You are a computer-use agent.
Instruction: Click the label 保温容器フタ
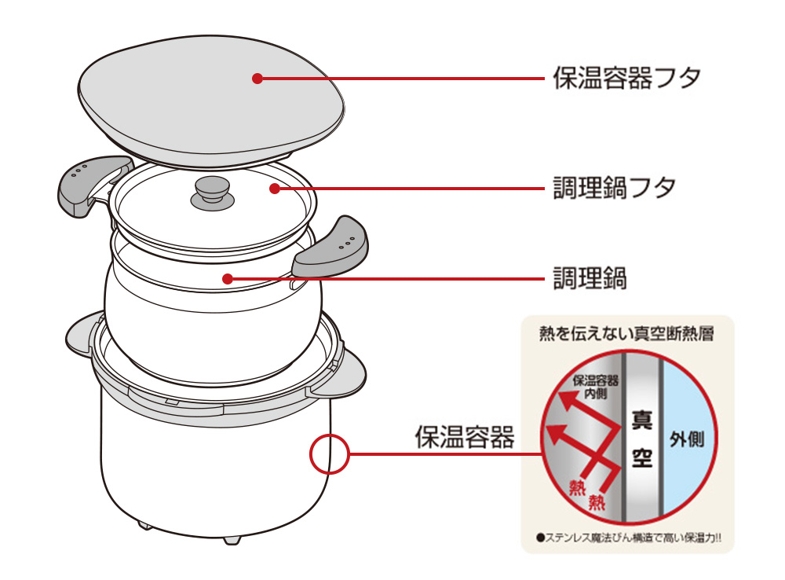pyautogui.click(x=626, y=79)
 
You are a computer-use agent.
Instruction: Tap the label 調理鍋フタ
pyautogui.click(x=615, y=189)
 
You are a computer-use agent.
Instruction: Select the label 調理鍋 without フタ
pyautogui.click(x=590, y=277)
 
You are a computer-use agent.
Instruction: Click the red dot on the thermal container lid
pyautogui.click(x=257, y=78)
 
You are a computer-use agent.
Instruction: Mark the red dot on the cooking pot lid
pyautogui.click(x=272, y=188)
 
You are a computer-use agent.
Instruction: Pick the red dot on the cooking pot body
pyautogui.click(x=226, y=277)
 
